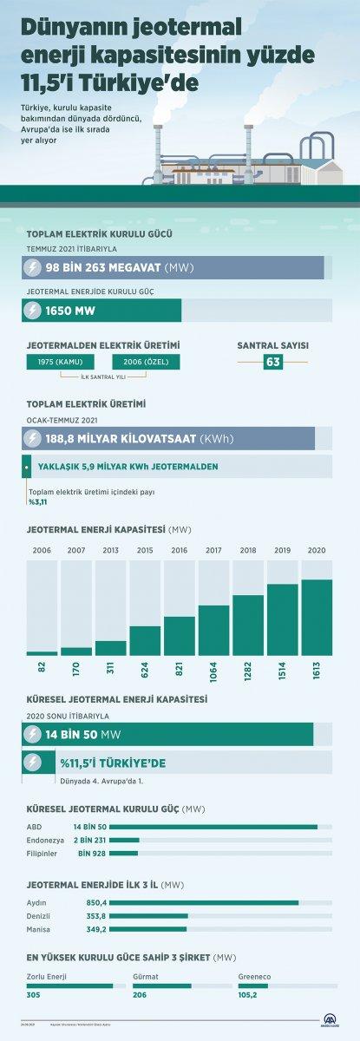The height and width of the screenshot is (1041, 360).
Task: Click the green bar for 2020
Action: (317, 617)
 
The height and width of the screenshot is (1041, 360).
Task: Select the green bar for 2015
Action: (145, 640)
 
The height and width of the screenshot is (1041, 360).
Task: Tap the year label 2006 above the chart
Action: (42, 550)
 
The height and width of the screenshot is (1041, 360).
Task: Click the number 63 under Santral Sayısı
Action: (273, 362)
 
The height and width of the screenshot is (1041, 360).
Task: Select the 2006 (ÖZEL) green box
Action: (146, 362)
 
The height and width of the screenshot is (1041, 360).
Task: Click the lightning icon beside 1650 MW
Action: (33, 310)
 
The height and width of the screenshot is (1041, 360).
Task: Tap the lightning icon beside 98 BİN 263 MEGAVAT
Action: (33, 267)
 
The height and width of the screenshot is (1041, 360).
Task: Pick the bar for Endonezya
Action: (124, 840)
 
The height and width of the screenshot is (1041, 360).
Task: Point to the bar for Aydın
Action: (204, 901)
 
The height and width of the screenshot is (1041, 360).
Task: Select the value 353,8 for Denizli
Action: (91, 915)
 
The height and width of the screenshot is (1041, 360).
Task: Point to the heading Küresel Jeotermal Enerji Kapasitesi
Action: (116, 698)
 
